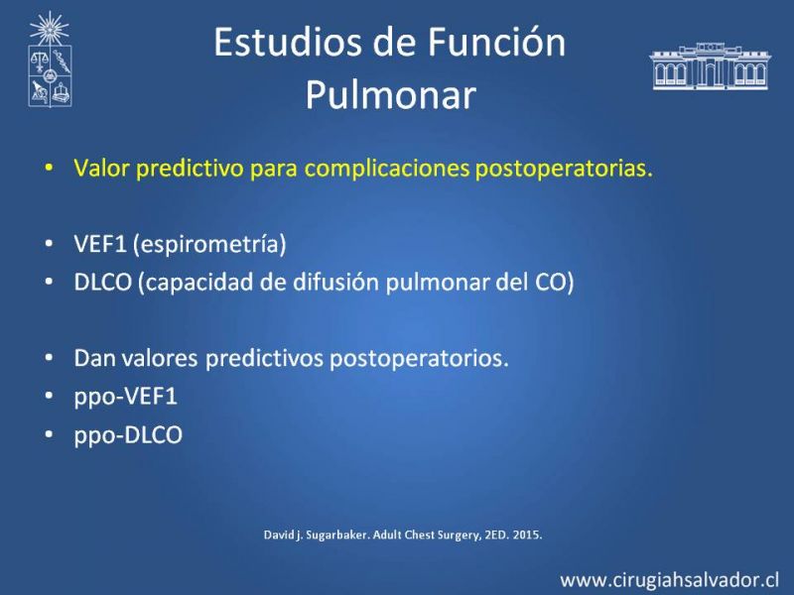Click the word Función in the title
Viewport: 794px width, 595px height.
tap(497, 42)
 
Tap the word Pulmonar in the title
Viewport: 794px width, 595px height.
tap(391, 94)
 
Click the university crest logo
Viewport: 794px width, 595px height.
tap(50, 59)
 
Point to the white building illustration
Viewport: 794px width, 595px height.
tap(710, 66)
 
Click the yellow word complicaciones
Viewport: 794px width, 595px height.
tap(386, 168)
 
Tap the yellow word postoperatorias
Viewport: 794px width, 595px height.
tap(564, 168)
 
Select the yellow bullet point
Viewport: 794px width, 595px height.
tap(49, 167)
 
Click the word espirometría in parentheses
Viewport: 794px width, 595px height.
tap(209, 244)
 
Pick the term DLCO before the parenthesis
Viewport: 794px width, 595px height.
tap(103, 282)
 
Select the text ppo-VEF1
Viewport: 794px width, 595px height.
tap(126, 396)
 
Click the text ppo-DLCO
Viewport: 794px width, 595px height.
tap(128, 434)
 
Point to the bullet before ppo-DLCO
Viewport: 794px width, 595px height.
tap(49, 434)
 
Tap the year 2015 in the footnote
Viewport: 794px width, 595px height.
tap(527, 535)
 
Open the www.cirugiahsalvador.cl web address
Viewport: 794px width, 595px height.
tap(669, 580)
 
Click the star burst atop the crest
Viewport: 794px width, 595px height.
tap(49, 29)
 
